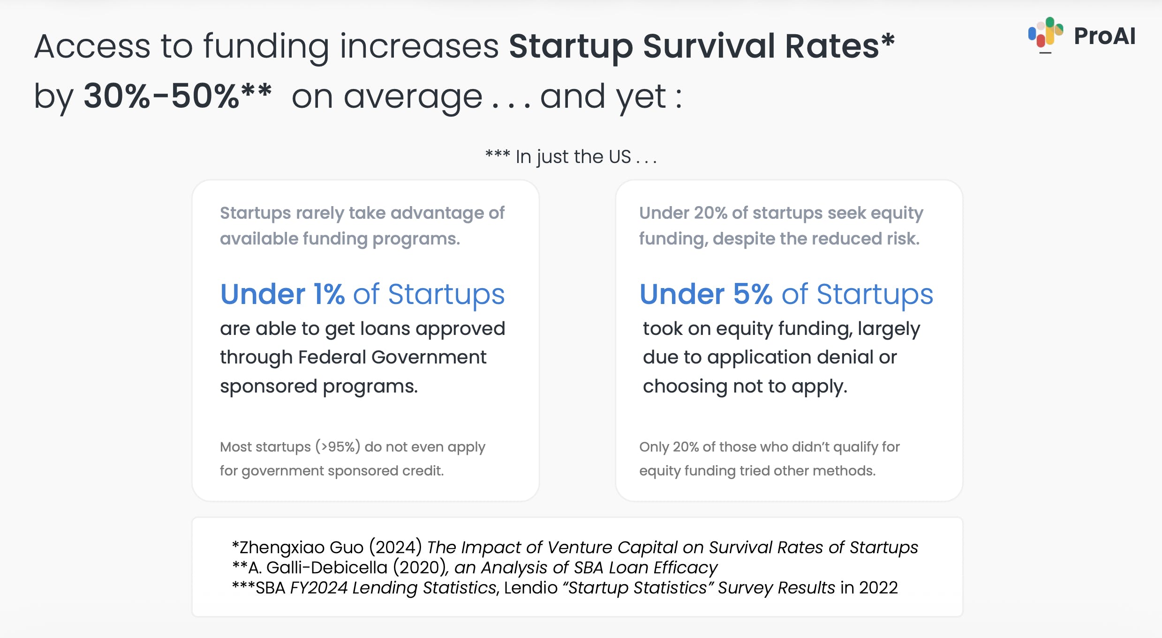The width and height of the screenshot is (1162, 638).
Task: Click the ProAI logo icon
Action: (x=1045, y=33)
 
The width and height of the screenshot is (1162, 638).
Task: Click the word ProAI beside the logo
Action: (x=1104, y=36)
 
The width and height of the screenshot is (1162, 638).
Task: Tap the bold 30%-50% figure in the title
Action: (x=161, y=96)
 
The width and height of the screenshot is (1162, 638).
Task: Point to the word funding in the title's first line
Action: (x=266, y=47)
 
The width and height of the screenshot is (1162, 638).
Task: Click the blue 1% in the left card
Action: (x=329, y=294)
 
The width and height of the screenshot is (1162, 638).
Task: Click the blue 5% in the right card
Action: (x=752, y=294)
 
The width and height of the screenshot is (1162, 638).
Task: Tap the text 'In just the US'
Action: (x=573, y=157)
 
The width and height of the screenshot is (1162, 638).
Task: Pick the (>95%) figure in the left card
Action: (x=338, y=446)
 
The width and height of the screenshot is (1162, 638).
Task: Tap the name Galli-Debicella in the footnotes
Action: (x=327, y=568)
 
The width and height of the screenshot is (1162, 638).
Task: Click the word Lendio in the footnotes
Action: (x=530, y=588)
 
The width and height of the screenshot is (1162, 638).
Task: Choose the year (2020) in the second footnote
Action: (x=419, y=568)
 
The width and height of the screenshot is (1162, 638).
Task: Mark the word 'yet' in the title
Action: (x=641, y=97)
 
